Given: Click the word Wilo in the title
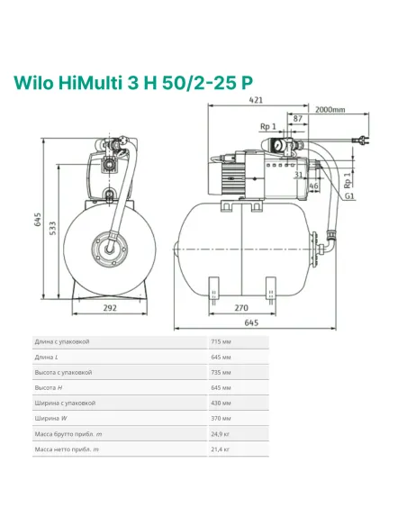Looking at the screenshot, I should (x=34, y=83).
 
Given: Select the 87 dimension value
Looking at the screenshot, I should (x=298, y=118).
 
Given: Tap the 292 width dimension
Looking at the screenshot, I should (x=108, y=308).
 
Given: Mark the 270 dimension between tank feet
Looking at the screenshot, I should (x=240, y=308).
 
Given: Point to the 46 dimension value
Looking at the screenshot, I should (x=314, y=186).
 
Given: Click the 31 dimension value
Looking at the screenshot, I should (x=299, y=175).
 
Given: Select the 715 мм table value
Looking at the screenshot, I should (x=221, y=342).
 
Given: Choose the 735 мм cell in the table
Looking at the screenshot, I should (x=221, y=373).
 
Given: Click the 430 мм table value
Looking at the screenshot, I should (x=221, y=404).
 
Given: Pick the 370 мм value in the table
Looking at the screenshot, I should (x=221, y=419).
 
